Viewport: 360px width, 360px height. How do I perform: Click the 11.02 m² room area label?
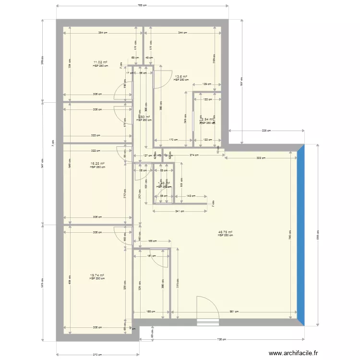coord(100,62)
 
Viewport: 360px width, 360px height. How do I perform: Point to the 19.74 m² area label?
coord(97,276)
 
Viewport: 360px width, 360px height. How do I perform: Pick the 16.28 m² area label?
coord(97,164)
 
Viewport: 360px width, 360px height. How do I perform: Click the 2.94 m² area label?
coord(208,120)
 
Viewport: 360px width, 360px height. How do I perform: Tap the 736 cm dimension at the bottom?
coord(222,340)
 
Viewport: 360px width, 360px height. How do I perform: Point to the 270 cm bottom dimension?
coord(97,355)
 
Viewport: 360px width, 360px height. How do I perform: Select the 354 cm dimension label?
coord(103,33)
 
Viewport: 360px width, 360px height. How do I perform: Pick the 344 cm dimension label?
coord(182,33)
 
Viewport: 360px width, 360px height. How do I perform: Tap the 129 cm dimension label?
coord(207,84)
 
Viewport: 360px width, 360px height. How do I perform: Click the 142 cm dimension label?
coord(190,196)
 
